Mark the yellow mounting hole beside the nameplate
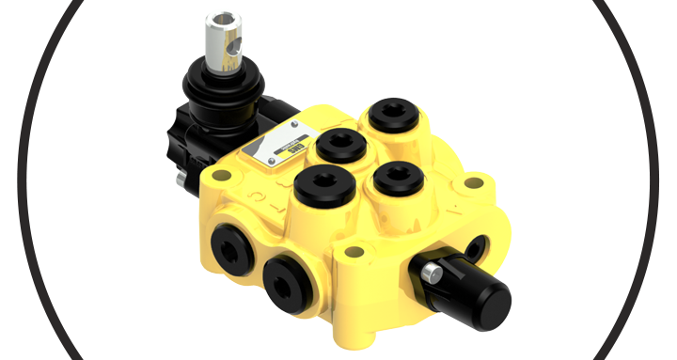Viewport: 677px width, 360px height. [222, 176]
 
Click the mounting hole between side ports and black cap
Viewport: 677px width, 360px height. [354, 252]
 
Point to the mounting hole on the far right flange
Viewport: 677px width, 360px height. [476, 182]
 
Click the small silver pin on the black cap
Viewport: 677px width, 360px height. [433, 273]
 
